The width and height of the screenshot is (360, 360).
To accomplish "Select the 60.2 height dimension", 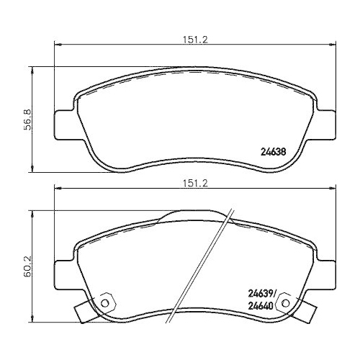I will point(27,265).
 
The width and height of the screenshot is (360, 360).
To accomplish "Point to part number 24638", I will point(273,152).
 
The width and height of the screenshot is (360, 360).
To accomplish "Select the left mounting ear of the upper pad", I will point(64,122).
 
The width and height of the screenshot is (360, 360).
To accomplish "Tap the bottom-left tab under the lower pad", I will point(81,312).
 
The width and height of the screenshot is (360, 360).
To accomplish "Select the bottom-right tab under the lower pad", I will point(312,312).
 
